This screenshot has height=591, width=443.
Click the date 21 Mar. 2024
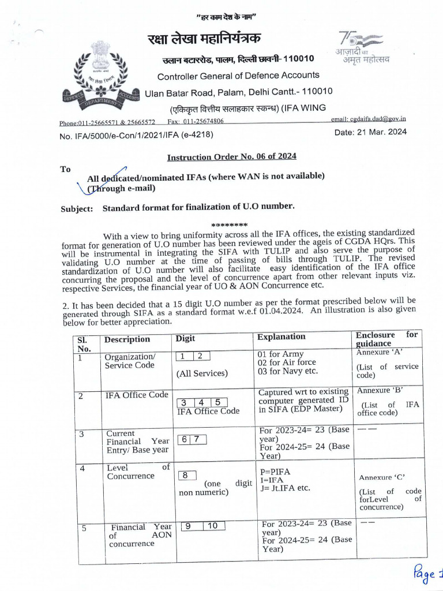click(x=370, y=132)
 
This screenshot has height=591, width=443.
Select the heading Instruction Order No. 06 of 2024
click(x=231, y=157)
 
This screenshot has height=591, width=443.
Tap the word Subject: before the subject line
click(x=77, y=209)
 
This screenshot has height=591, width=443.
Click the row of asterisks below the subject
click(x=230, y=225)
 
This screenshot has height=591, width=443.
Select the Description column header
click(x=127, y=339)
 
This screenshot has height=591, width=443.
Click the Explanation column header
click(x=281, y=336)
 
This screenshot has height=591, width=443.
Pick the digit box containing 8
click(x=186, y=476)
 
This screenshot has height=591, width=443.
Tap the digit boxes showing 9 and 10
click(x=202, y=526)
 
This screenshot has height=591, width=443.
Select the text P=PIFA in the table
click(x=275, y=472)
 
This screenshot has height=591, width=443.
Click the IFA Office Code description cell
click(x=136, y=395)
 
